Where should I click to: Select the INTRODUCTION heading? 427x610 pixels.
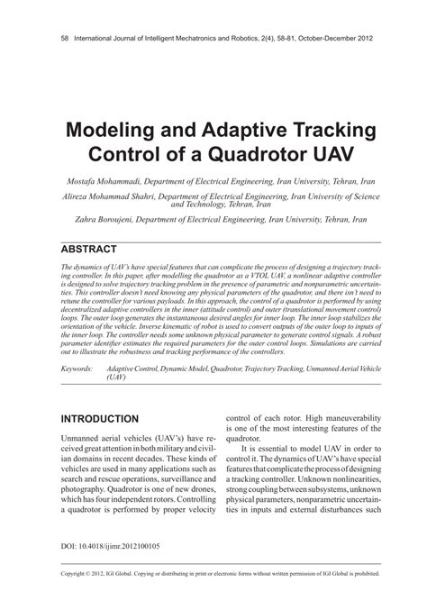(x=98, y=419)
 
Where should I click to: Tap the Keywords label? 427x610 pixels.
(x=77, y=344)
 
